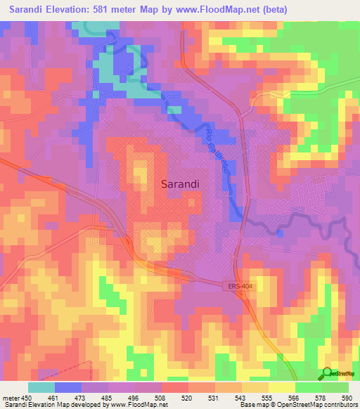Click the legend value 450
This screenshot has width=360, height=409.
coord(26,397)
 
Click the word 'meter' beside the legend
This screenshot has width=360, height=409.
coord(10,397)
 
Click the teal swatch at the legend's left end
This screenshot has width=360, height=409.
coord(41,387)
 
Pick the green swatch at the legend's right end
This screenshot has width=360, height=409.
coord(335,387)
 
